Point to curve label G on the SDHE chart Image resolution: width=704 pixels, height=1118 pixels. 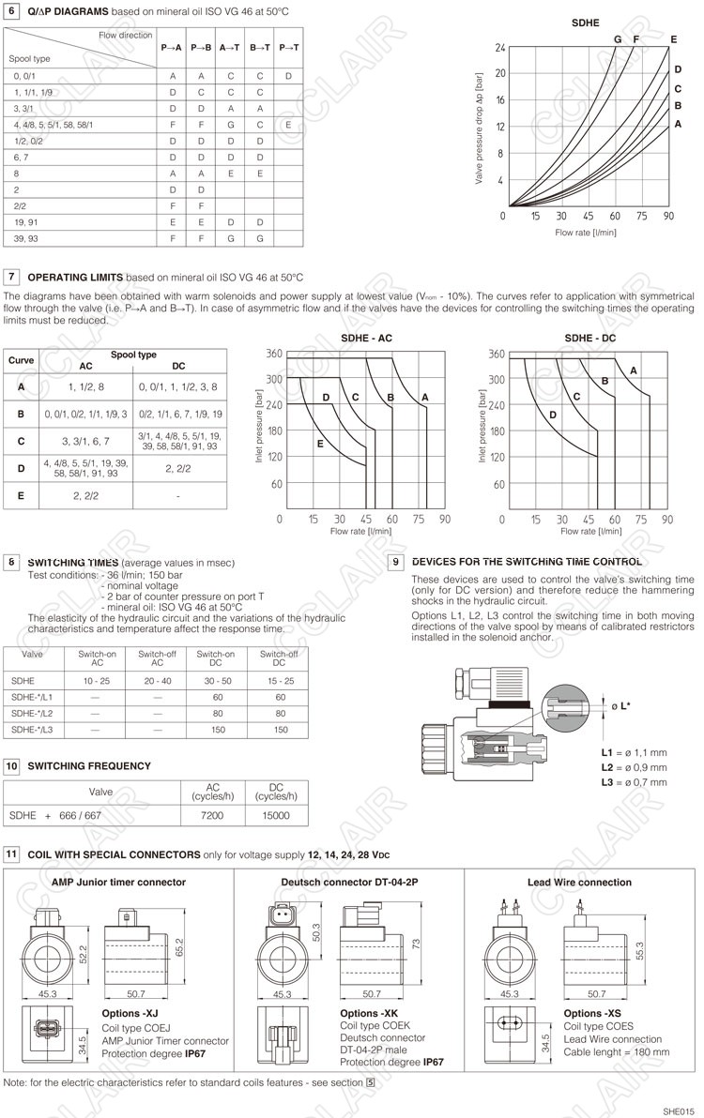point(618,39)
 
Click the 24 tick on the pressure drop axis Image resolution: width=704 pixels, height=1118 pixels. point(500,47)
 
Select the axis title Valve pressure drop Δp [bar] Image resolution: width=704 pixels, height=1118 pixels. point(480,127)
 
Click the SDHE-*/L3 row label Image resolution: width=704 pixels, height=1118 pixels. point(32,729)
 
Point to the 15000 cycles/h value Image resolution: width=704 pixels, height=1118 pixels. point(276,816)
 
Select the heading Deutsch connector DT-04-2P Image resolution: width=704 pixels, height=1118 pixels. point(349,882)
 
